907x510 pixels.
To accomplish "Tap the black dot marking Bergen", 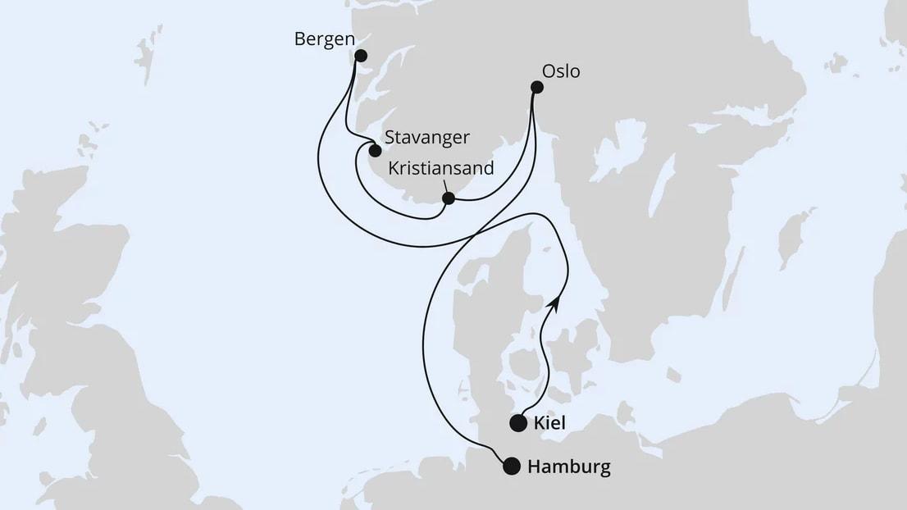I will point(361,56).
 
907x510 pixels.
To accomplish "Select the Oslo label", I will point(561,71).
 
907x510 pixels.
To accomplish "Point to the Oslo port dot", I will point(537,87).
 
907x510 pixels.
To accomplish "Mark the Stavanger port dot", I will point(375,151).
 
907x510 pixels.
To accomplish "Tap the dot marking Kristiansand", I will point(449,198).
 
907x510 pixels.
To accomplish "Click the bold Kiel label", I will point(550,423).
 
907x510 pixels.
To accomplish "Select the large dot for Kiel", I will point(518,423).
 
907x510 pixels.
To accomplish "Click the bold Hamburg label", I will point(569,467).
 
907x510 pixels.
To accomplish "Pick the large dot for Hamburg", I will point(512,467).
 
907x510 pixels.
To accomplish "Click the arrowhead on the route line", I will point(556,303).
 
